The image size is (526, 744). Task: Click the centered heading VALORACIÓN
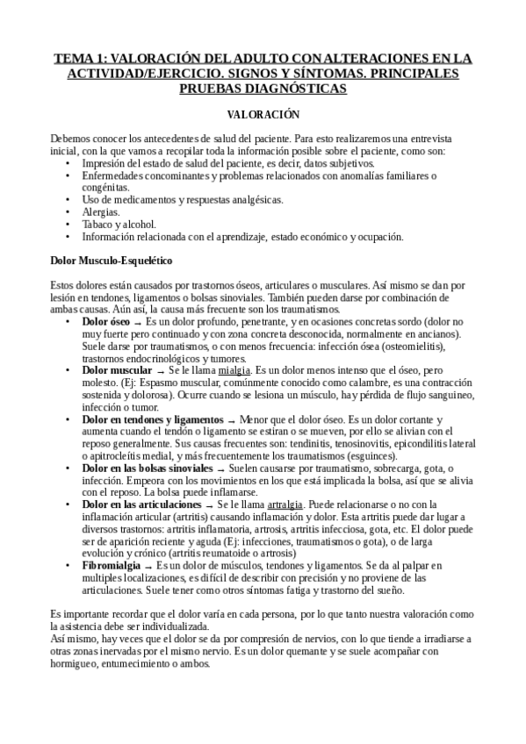263,115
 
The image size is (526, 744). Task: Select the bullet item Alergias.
101,212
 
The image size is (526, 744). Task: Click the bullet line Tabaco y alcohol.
119,225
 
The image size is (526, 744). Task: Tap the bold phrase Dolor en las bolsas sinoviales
148,468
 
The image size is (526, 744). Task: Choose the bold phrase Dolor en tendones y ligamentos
150,419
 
